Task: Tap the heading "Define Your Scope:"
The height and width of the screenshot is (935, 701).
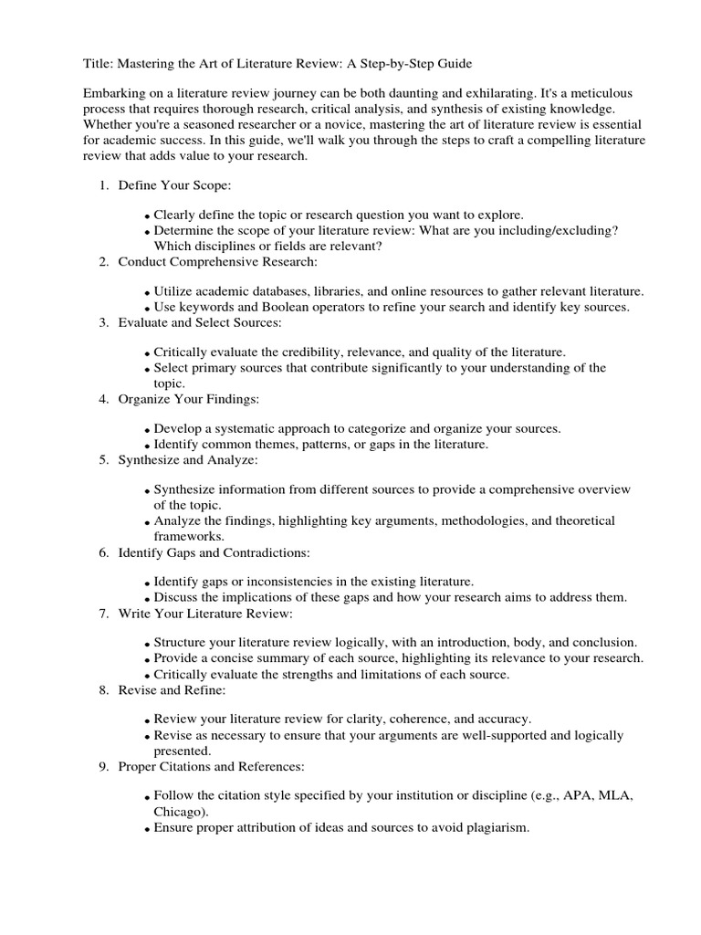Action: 174,186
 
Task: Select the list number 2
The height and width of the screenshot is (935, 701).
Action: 104,262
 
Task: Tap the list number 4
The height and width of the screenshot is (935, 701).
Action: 104,399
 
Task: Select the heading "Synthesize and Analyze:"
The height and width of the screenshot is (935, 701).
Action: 188,459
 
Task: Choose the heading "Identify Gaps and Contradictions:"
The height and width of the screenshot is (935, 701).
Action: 214,552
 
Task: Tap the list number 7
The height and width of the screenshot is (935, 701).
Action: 104,613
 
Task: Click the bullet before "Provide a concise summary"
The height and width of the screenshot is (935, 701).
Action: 148,659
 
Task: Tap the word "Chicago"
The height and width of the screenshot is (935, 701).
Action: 179,812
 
